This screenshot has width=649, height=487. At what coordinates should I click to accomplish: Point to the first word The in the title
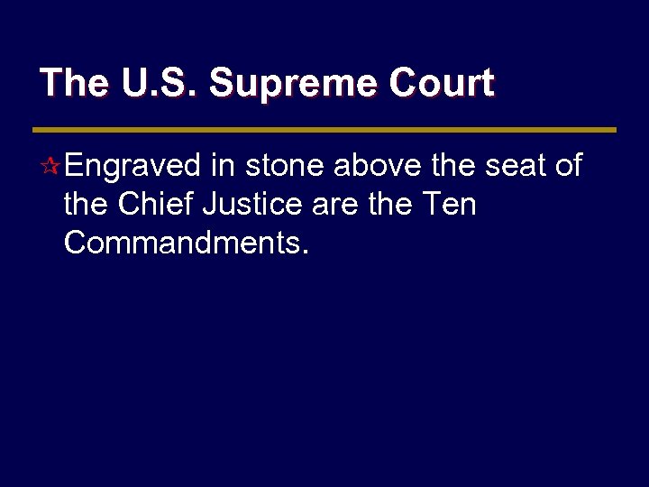click(x=74, y=84)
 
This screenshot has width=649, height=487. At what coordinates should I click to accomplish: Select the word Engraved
click(x=133, y=166)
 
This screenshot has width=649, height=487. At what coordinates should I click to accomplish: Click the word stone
click(x=286, y=166)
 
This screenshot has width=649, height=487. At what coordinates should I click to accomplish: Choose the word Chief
click(x=159, y=205)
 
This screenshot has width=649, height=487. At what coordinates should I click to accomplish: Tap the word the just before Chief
click(x=87, y=205)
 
